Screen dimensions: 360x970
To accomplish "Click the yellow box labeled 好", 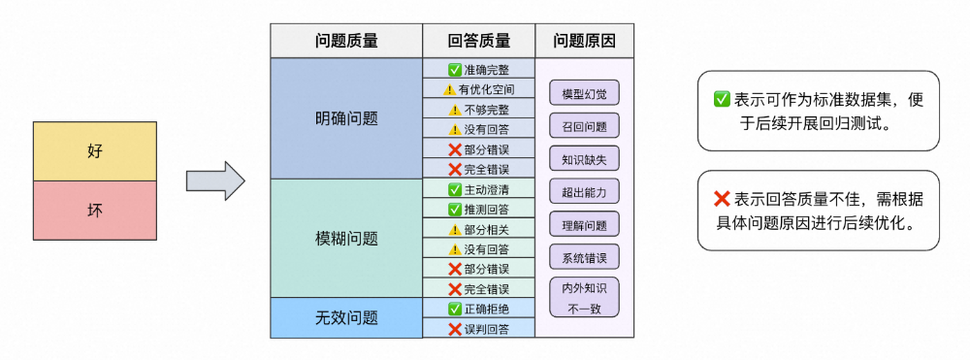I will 94,151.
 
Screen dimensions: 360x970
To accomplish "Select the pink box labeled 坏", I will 94,210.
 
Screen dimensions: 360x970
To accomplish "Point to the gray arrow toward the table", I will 214,180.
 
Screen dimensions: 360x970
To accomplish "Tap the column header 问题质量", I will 346,41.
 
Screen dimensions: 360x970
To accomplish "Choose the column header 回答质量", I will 479,41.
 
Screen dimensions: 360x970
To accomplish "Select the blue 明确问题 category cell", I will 346,118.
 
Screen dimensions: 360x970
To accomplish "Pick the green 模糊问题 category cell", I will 346,238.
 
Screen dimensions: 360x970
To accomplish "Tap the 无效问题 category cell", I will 346,317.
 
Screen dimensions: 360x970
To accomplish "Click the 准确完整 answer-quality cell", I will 479,70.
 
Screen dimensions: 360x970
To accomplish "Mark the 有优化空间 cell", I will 479,89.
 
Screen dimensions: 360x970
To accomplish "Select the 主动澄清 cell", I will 479,189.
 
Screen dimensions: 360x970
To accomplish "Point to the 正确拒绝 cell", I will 479,309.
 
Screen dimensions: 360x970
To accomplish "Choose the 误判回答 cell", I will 479,329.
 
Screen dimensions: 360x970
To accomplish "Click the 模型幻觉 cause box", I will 584,93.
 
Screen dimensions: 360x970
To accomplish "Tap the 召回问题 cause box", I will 584,126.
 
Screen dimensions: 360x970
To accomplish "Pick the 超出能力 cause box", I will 584,191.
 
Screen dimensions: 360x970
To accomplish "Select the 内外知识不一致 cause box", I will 584,297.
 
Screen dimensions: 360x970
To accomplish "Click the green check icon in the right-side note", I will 722,99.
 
